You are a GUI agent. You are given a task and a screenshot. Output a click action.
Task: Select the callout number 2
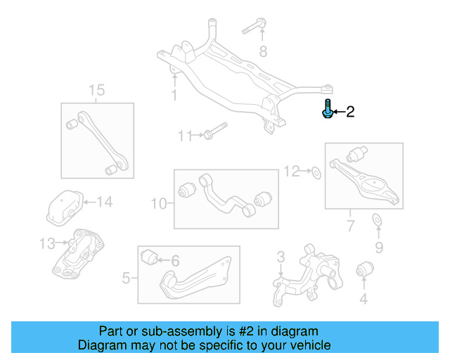[x=349, y=112]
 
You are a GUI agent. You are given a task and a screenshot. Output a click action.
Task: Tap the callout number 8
[x=263, y=51]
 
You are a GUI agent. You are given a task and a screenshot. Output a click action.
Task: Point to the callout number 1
[x=174, y=95]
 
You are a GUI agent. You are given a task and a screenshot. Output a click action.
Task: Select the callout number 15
[x=96, y=90]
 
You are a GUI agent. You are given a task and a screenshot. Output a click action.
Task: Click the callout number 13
[x=46, y=243]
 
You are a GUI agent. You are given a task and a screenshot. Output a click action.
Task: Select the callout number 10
[x=159, y=204]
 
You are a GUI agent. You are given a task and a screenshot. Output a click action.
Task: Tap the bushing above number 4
[x=364, y=269]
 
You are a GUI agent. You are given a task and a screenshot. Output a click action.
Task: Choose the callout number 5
[x=126, y=278]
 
